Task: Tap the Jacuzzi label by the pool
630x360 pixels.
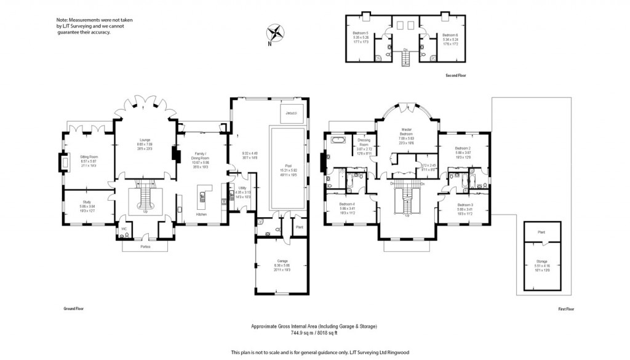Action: (292, 113)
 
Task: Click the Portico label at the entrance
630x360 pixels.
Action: (145, 246)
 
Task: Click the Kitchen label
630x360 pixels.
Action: (201, 214)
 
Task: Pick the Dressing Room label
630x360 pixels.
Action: (364, 142)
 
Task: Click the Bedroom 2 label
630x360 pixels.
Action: (463, 148)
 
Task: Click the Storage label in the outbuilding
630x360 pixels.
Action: (541, 261)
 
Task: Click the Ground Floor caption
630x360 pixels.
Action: (73, 308)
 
